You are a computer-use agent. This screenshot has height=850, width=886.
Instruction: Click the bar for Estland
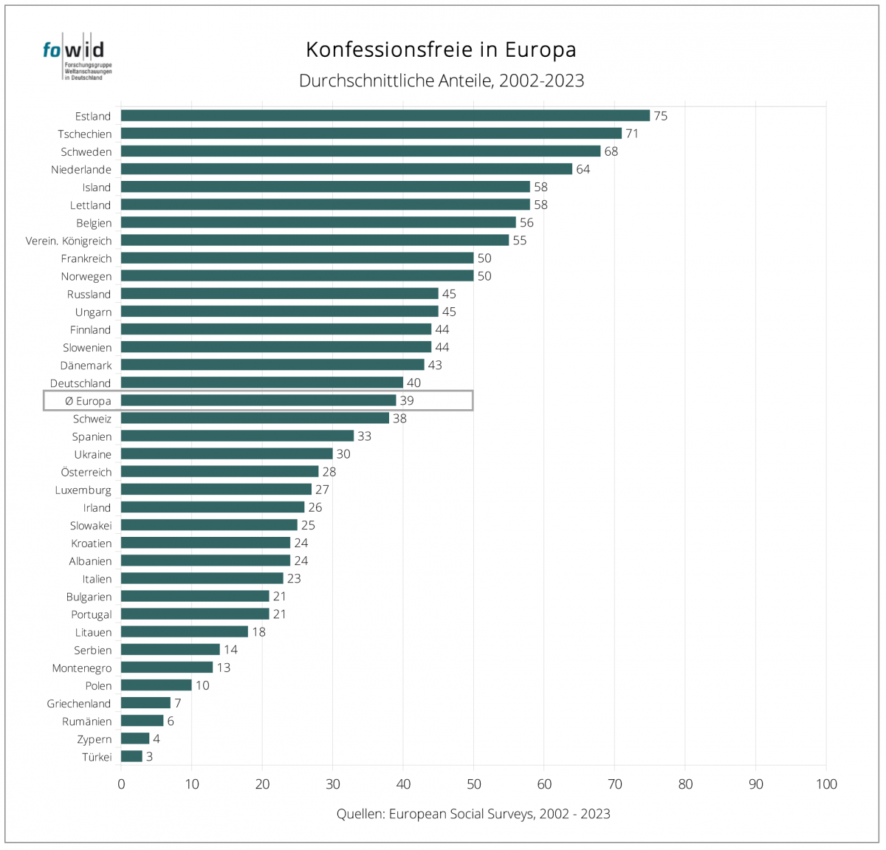(385, 116)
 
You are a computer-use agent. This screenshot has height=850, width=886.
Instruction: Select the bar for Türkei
(131, 756)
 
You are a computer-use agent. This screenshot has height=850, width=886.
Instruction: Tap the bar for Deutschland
(262, 383)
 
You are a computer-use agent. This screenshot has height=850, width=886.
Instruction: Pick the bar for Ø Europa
(258, 400)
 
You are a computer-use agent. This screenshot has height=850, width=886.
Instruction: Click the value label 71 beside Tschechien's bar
(632, 134)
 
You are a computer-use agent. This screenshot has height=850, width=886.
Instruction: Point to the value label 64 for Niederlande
(583, 169)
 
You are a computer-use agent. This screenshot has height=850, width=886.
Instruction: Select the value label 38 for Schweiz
(399, 418)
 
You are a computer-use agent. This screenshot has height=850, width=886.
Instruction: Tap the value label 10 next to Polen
(202, 685)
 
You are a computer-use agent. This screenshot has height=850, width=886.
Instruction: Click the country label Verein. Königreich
(69, 241)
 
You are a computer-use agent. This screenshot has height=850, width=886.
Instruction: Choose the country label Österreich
(86, 472)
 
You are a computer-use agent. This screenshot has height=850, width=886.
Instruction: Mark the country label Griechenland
(79, 704)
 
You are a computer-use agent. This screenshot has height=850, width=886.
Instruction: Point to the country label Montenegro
(82, 668)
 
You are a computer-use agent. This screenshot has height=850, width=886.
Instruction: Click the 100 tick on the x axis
(826, 784)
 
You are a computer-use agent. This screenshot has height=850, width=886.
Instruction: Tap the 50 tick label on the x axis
(474, 784)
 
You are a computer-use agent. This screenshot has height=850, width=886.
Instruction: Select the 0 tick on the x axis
(121, 784)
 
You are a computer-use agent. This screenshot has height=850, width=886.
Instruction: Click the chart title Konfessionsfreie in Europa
(441, 49)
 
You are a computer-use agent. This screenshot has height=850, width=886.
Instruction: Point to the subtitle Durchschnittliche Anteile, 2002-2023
(441, 80)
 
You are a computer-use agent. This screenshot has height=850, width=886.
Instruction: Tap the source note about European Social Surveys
(473, 814)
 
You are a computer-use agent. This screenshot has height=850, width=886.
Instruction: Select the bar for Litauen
(185, 631)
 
